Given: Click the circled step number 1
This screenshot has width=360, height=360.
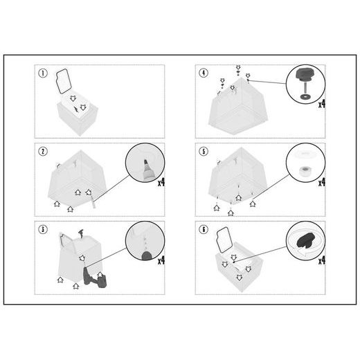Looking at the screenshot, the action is tap(43, 73).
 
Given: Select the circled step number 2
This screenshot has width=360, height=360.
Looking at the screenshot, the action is tap(43, 152).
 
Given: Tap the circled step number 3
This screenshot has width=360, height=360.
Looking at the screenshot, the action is tap(43, 229).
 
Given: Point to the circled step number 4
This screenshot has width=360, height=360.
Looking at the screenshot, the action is tap(204, 73).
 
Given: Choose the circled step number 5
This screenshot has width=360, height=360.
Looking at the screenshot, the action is tap(204, 152).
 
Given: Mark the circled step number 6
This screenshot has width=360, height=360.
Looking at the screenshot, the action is tap(204, 229).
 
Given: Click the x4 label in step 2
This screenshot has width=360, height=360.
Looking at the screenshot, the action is tap(161, 183).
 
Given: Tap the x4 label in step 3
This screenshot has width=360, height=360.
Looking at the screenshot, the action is tap(161, 260).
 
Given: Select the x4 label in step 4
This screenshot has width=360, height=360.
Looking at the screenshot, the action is tap(322, 105).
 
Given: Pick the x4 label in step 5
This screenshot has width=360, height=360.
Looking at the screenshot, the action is tap(322, 183).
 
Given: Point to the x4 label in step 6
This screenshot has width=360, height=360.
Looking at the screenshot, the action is tap(322, 261).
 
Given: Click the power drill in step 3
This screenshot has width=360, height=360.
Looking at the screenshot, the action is tap(93, 278).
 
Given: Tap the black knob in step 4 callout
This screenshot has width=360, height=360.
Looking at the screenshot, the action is tap(303, 74).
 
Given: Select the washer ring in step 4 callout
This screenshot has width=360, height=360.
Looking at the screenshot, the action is tap(305, 96).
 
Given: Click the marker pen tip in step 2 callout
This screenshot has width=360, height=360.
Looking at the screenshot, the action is tap(146, 162).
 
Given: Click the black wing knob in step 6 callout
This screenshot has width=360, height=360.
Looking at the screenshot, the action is tap(306, 240).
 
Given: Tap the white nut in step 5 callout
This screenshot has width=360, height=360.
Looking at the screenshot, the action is tap(305, 171).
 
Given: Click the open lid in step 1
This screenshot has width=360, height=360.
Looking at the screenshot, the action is tap(64, 81).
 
